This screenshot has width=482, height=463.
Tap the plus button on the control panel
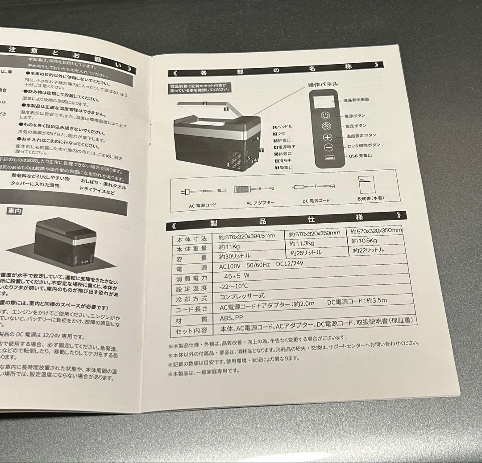pos(328,137)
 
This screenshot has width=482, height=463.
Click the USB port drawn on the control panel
pos(329,159)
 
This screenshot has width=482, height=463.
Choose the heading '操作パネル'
pos(323,84)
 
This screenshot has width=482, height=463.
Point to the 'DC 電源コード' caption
pos(316,201)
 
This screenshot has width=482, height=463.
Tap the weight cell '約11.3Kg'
pos(302,243)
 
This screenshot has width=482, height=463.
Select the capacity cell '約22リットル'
pos(368,250)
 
